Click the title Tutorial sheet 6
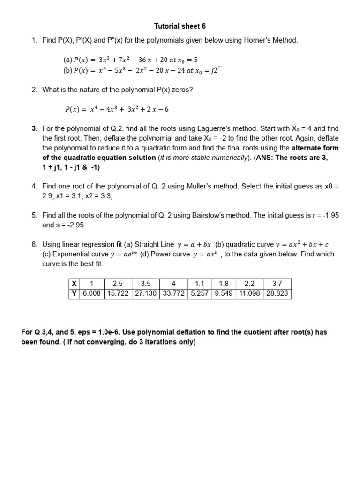180,26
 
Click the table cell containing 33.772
173,294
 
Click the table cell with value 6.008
91,294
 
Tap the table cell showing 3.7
277,284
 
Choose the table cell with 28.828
277,294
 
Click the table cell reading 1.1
200,284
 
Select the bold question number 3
34,128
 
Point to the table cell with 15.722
117,294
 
